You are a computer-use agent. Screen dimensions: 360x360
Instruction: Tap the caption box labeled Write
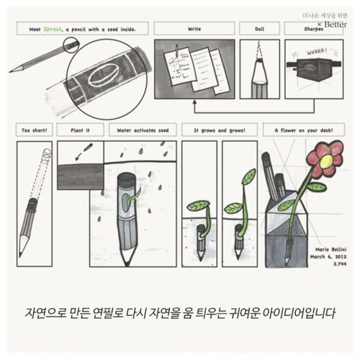pyautogui.click(x=194, y=30)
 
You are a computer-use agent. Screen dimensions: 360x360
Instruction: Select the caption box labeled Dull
pyautogui.click(x=259, y=30)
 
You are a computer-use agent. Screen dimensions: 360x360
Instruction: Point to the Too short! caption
pyautogui.click(x=34, y=131)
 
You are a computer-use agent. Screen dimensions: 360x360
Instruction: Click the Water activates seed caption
pyautogui.click(x=142, y=131)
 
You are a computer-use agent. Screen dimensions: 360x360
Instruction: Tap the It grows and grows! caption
pyautogui.click(x=219, y=131)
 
